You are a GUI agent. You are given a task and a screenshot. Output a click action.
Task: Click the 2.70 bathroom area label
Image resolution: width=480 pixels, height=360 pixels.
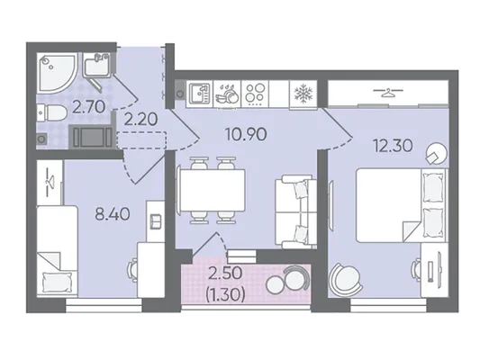[89, 107]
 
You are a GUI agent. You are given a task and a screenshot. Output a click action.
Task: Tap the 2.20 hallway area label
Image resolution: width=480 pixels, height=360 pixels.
[140, 119]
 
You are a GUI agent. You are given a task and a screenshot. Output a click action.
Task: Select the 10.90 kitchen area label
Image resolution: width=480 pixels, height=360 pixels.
[246, 134]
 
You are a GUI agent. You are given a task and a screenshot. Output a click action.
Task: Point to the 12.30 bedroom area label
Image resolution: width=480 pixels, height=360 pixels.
[393, 146]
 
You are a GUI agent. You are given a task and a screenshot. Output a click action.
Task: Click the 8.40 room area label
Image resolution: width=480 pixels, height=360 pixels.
[113, 214]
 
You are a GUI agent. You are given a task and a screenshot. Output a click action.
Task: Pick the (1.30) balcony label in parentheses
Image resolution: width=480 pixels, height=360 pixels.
[226, 295]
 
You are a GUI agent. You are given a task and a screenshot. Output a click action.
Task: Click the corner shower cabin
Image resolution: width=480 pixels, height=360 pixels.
[57, 74]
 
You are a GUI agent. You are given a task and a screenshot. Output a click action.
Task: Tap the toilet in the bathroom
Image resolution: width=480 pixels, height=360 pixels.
[51, 112]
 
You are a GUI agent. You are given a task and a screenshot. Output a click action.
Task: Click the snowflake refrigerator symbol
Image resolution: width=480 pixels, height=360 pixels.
[303, 94]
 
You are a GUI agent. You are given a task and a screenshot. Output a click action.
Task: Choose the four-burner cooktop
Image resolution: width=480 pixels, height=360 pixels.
[255, 94]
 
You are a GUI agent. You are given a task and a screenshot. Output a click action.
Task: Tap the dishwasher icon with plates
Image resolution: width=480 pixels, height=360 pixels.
[227, 94]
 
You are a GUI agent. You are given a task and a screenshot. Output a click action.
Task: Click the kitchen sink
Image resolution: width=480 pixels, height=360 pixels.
[200, 94]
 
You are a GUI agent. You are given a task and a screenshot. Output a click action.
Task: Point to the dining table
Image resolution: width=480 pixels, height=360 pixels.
[213, 190]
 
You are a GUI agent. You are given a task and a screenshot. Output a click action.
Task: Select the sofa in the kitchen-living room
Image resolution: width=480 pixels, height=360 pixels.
[295, 211]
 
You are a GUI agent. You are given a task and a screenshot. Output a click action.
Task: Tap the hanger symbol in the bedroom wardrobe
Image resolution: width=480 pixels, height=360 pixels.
[388, 92]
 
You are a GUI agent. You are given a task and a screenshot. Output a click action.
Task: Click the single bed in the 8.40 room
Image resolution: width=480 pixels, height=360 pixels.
[58, 251]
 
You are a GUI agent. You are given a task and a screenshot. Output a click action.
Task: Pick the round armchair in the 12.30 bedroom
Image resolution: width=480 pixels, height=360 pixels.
[345, 279]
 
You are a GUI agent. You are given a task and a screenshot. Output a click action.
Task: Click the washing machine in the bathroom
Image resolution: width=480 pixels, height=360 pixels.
[92, 137]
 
